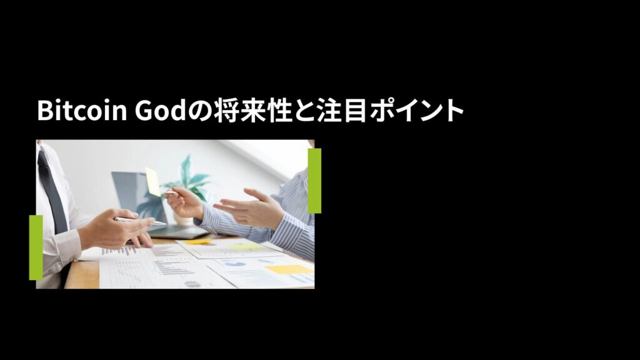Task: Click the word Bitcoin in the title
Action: pos(82,110)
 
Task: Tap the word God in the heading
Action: pos(161,110)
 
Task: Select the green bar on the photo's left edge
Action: pos(36,247)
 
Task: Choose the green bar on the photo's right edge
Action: pos(314,181)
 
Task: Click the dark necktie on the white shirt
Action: pos(52,192)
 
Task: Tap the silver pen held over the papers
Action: pos(140,221)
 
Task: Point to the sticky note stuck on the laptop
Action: pos(153,182)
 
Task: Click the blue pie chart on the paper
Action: pos(235,264)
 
